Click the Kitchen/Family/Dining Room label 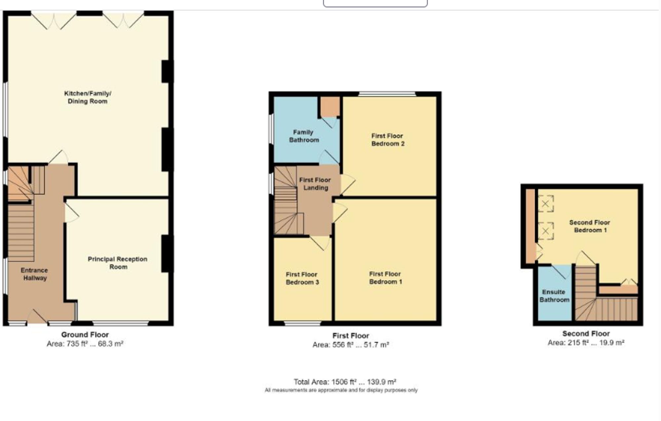[88, 97]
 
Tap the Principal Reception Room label [118, 263]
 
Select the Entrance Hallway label [34, 274]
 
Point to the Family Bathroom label [304, 136]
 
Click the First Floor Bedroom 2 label [388, 140]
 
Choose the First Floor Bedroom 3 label [302, 278]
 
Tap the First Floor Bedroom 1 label [385, 278]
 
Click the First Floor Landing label [315, 184]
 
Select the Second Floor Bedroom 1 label [590, 226]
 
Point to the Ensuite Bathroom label [554, 296]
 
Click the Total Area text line [345, 382]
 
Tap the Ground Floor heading [85, 335]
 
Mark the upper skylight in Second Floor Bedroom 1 [545, 204]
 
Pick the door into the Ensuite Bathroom [561, 271]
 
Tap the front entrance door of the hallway [37, 316]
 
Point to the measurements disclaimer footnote [341, 391]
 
